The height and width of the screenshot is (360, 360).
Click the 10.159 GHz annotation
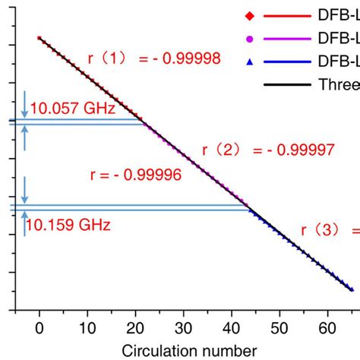(x=68, y=225)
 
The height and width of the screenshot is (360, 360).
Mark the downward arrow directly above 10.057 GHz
(x=25, y=106)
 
